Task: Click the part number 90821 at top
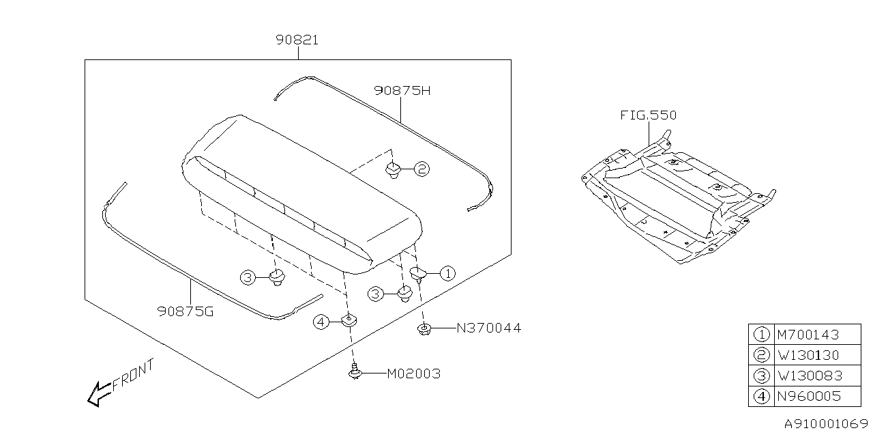coord(297,40)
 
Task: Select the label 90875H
coord(402,90)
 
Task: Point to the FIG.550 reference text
coord(648,115)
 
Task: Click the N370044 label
coord(488,328)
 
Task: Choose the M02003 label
coord(413,374)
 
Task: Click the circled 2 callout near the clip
coord(422,169)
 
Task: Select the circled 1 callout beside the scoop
coord(447,274)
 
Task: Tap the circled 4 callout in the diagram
coord(322,322)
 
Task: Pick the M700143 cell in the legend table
coord(808,335)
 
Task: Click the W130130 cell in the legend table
coord(808,355)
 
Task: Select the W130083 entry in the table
coord(808,376)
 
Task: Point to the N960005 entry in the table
coord(808,396)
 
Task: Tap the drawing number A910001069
coord(825,423)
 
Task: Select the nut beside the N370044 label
coord(424,329)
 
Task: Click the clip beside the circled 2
coord(394,169)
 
